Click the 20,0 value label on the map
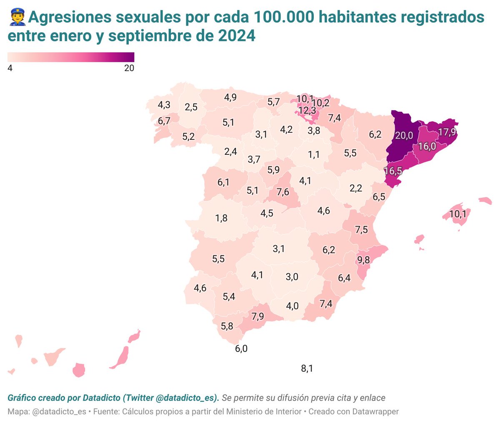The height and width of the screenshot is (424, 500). (404, 136)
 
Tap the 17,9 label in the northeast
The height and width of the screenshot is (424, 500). (447, 132)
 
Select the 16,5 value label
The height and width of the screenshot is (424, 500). (393, 171)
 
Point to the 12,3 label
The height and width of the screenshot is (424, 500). (307, 111)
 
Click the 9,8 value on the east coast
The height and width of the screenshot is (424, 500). (363, 260)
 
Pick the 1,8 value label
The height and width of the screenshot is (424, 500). (221, 218)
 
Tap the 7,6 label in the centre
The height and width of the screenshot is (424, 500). (282, 192)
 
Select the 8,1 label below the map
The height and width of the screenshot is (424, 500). (307, 368)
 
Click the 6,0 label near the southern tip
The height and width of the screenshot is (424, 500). (241, 348)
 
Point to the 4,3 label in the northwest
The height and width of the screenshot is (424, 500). (164, 105)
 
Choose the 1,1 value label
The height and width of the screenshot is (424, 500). (314, 154)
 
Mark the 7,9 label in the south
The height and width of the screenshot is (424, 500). (258, 316)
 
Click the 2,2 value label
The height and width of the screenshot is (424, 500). (356, 188)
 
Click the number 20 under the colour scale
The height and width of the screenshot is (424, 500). (129, 68)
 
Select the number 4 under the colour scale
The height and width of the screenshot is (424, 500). (10, 68)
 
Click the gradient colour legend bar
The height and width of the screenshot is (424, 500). (71, 57)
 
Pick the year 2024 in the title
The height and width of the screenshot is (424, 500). (237, 36)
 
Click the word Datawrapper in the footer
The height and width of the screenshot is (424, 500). (375, 411)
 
